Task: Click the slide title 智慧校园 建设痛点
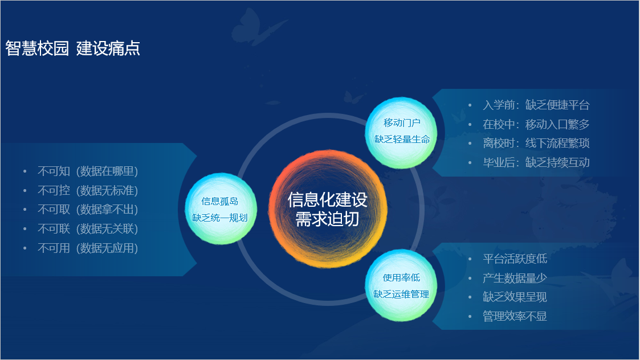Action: coord(73,48)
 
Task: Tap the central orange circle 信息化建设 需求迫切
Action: coord(327,209)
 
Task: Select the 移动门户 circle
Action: coord(401,132)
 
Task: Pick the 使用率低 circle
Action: coord(401,285)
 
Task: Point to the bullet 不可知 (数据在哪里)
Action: coord(88,171)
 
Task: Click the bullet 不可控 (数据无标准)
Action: coord(88,190)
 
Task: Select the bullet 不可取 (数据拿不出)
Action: coord(88,210)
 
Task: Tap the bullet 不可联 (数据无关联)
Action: coord(88,229)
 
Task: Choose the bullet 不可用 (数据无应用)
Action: coord(88,248)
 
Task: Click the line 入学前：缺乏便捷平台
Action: coord(536,105)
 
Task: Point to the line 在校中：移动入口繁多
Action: coord(536,124)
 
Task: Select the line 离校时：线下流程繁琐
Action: coord(536,143)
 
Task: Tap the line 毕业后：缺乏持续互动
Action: coord(536,162)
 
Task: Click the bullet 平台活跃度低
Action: coord(515,259)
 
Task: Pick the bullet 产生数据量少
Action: coord(515,278)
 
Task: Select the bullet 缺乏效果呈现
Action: coord(515,297)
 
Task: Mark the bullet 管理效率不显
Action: coord(515,317)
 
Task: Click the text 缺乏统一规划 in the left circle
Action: coord(220,218)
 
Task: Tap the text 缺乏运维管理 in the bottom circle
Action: coord(401,294)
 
